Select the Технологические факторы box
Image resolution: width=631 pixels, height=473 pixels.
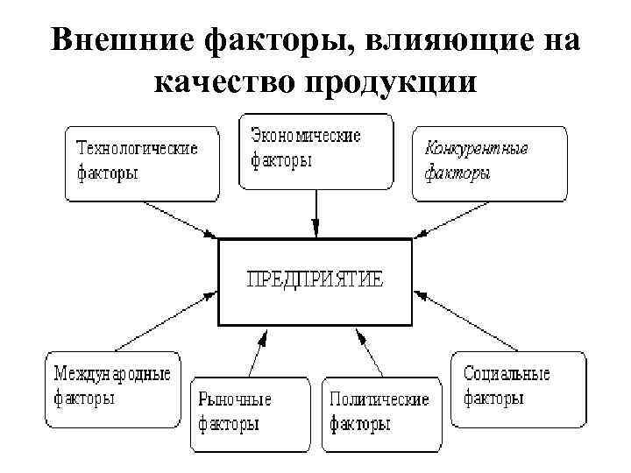coord(140,163)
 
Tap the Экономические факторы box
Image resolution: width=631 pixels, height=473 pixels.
coord(315,151)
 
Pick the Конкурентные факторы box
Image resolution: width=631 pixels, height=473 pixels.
coord(489,163)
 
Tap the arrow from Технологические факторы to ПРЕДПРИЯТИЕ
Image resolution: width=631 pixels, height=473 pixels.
coord(179,219)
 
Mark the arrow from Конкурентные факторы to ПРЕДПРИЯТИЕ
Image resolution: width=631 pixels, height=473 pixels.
coord(452,219)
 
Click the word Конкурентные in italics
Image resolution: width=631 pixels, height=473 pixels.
coord(476,148)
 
